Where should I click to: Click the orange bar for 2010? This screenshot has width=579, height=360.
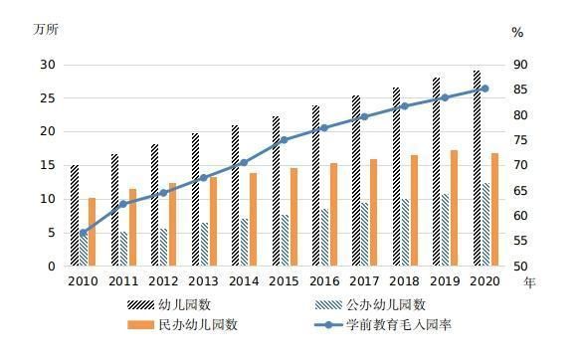pos(93,232)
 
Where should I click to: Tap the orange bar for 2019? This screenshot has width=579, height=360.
pos(454,208)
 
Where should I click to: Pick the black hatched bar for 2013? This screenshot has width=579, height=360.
pos(195,200)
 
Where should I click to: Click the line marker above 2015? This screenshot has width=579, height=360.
pos(284,140)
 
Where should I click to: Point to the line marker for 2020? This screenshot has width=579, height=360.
pos(484,89)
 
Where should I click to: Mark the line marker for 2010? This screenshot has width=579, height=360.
pos(83,233)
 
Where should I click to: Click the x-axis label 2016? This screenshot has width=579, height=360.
pos(324,281)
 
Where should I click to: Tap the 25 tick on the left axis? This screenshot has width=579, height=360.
pos(48,98)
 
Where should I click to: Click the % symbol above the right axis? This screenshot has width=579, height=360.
pos(517,32)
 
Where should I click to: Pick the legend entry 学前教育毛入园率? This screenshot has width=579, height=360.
pos(398,324)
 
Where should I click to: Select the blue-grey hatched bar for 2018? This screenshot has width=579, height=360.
pos(405,233)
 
